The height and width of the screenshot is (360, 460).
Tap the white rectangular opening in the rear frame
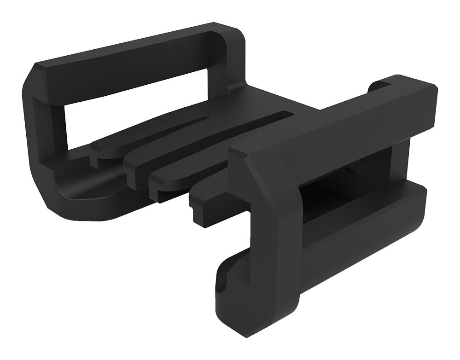(x=134, y=110)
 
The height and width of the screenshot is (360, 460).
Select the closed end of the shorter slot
(x=207, y=119)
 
